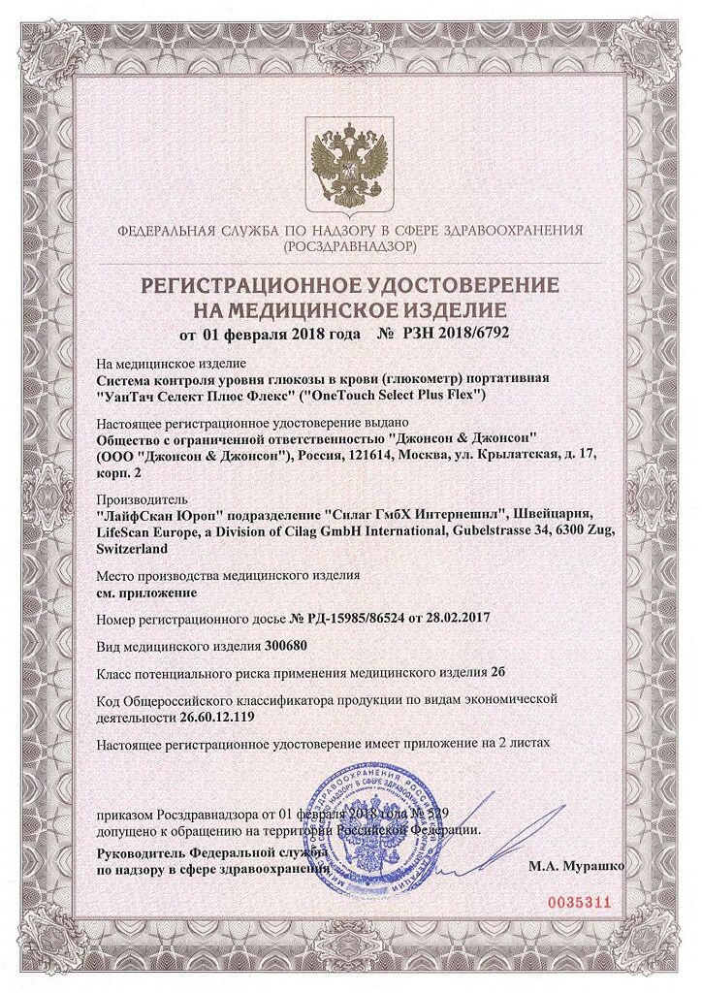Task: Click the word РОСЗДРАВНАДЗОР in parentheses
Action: click(x=350, y=248)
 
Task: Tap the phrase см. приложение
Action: click(x=147, y=591)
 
